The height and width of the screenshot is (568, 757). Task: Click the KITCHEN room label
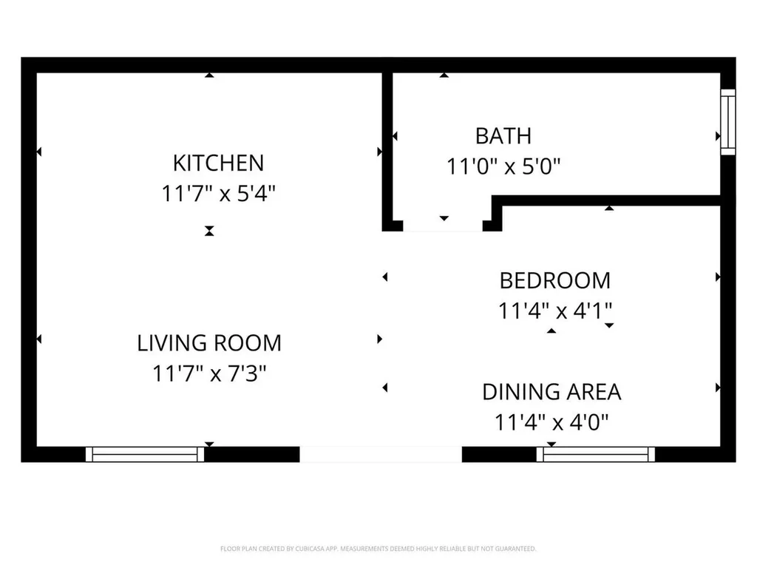pyautogui.click(x=218, y=162)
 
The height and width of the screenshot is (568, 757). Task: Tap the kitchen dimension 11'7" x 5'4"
pyautogui.click(x=218, y=194)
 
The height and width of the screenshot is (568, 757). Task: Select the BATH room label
pyautogui.click(x=503, y=136)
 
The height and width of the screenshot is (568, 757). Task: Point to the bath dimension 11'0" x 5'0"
pyautogui.click(x=503, y=167)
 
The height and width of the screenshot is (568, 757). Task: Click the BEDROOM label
pyautogui.click(x=555, y=281)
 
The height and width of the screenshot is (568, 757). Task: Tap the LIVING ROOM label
pyautogui.click(x=209, y=343)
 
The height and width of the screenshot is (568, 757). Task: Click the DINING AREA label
pyautogui.click(x=551, y=392)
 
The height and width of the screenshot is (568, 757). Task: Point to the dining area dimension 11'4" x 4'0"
pyautogui.click(x=551, y=423)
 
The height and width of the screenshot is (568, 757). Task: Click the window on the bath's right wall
pyautogui.click(x=728, y=122)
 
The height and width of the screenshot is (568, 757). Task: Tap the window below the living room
pyautogui.click(x=145, y=454)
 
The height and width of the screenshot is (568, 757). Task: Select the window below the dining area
pyautogui.click(x=596, y=454)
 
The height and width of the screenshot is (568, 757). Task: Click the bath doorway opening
pyautogui.click(x=443, y=226)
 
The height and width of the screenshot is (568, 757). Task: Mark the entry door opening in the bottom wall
pyautogui.click(x=381, y=454)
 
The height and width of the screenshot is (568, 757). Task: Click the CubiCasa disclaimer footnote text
pyautogui.click(x=378, y=549)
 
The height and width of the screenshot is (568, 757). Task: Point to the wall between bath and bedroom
pyautogui.click(x=606, y=200)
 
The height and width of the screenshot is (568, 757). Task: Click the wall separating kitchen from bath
pyautogui.click(x=387, y=148)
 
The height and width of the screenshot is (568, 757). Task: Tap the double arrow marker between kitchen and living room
pyautogui.click(x=209, y=231)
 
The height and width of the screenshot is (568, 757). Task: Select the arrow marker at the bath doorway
pyautogui.click(x=444, y=218)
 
